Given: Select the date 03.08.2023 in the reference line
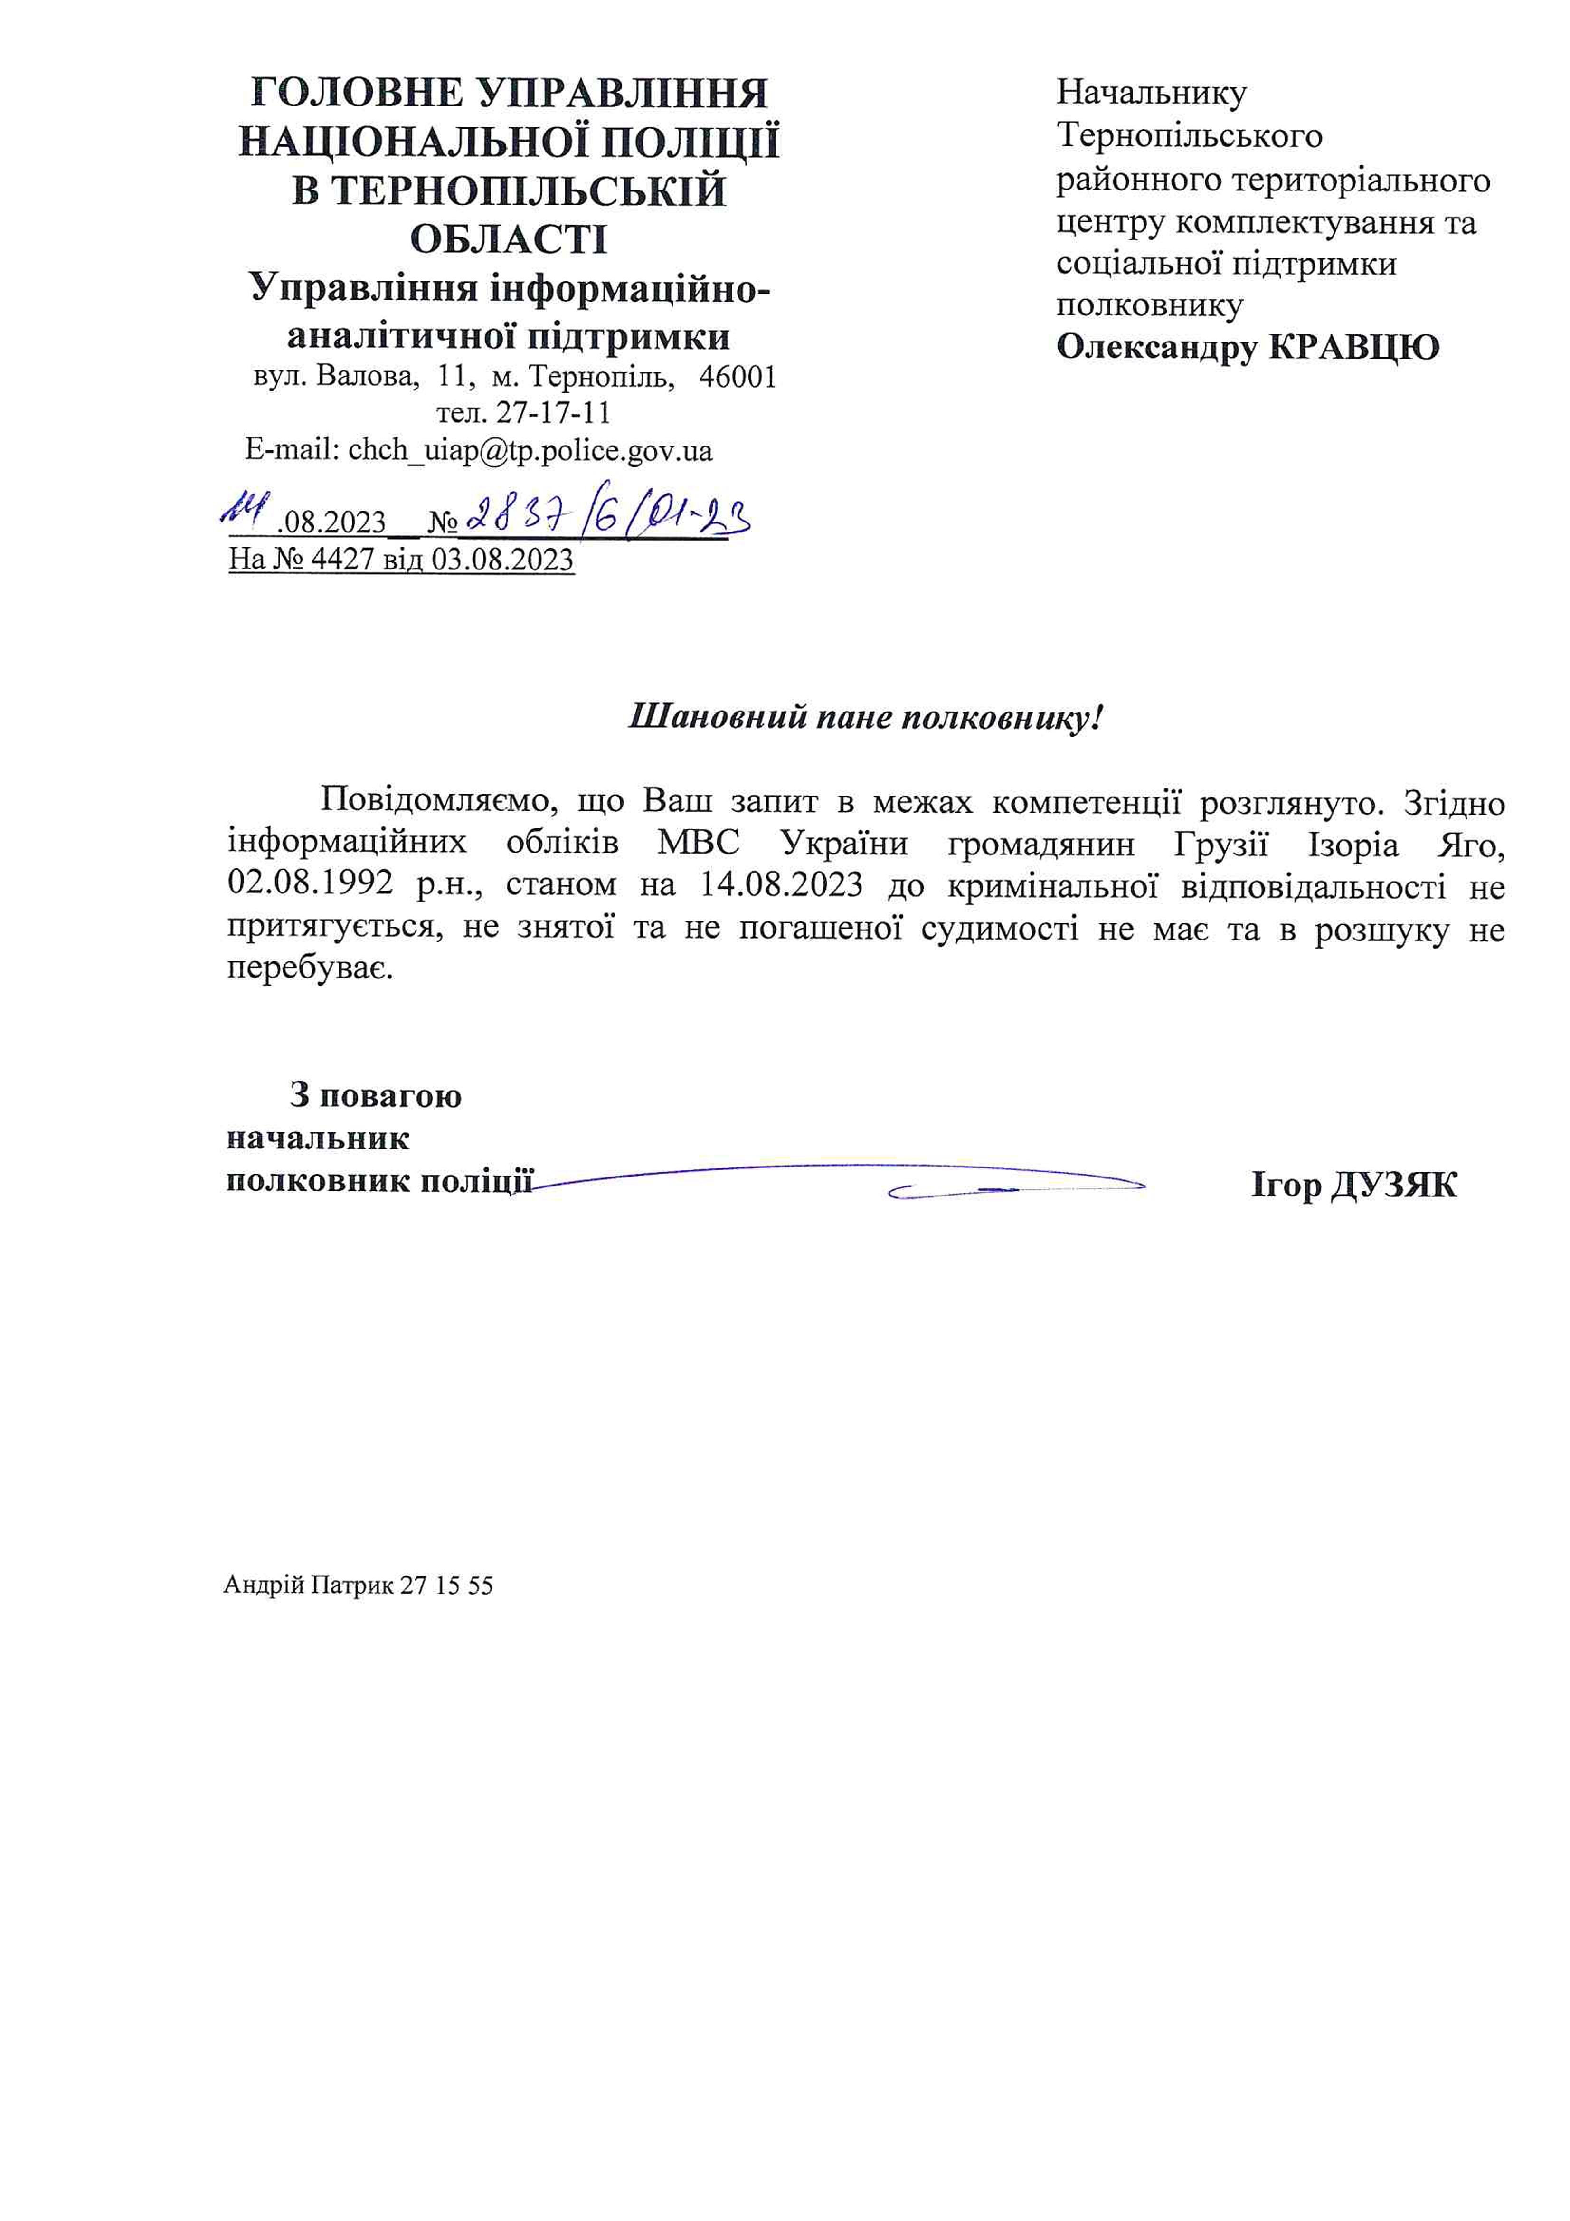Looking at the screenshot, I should (502, 560).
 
